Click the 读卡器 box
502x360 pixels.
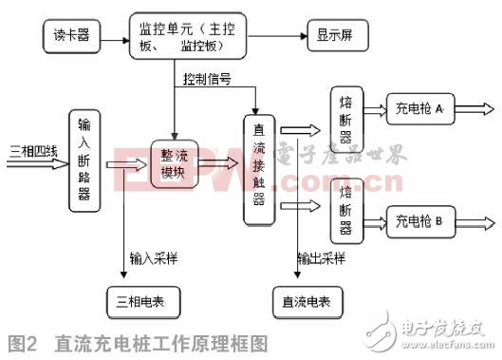click(73, 39)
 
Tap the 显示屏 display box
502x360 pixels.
click(334, 39)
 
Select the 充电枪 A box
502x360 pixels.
click(418, 111)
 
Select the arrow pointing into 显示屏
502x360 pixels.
click(282, 39)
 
